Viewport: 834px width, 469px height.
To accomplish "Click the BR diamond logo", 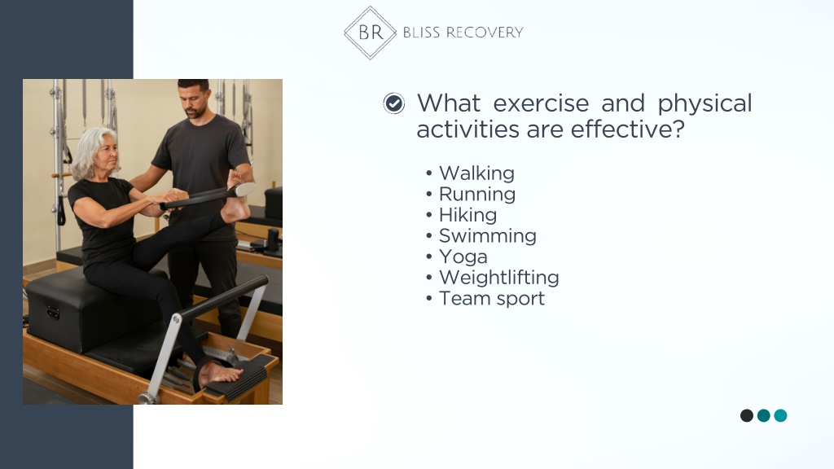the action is (x=371, y=33).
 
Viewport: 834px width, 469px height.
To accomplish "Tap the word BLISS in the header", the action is (x=421, y=33).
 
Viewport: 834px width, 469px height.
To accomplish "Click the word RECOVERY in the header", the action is (x=485, y=33).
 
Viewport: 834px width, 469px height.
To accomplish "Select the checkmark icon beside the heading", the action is (x=394, y=103).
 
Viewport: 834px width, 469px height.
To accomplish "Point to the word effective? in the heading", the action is (x=628, y=129).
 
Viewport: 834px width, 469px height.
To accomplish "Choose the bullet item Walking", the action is (x=476, y=173).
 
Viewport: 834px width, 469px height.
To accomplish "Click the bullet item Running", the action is (x=477, y=195).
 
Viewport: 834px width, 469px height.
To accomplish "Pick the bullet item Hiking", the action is (x=467, y=215).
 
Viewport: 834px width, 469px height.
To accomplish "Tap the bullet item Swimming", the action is (x=488, y=236).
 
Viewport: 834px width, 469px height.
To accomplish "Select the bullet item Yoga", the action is (x=463, y=256).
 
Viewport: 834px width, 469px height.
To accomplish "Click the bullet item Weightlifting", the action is (x=499, y=278).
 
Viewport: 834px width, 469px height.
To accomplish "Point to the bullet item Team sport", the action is (x=492, y=298).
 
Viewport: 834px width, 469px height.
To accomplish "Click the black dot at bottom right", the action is (x=747, y=415).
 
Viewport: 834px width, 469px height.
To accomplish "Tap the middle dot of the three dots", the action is (x=764, y=415).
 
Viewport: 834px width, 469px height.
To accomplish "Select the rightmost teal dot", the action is (x=781, y=415).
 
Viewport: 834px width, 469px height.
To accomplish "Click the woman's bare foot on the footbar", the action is (x=220, y=374).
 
